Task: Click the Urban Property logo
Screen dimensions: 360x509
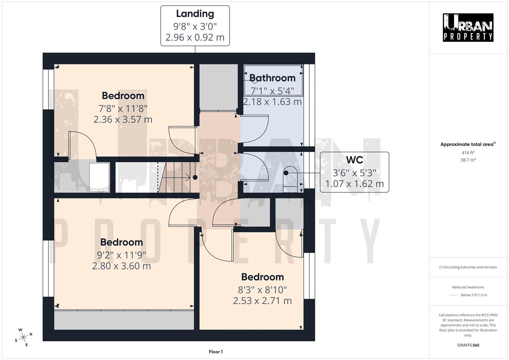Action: click(x=468, y=27)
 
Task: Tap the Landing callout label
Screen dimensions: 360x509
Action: click(x=195, y=26)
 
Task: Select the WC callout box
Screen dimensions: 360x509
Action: click(x=354, y=172)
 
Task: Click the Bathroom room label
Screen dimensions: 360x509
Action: click(x=272, y=78)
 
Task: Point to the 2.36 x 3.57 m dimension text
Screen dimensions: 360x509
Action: click(x=123, y=119)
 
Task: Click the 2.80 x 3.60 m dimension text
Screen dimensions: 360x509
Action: click(x=121, y=266)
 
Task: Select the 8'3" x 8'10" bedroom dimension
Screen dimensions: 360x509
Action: click(x=262, y=290)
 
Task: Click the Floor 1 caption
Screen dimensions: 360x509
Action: click(x=216, y=352)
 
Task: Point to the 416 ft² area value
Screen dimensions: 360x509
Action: click(x=468, y=153)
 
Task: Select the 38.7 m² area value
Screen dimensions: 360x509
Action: click(x=468, y=160)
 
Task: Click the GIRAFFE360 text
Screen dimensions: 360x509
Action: click(x=468, y=345)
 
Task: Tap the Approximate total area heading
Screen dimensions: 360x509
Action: click(x=468, y=144)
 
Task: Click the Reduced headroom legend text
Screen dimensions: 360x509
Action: click(x=468, y=287)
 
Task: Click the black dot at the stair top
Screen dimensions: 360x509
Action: click(x=195, y=177)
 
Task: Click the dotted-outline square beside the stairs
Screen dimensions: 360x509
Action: click(x=99, y=177)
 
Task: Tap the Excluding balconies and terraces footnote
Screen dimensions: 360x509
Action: click(x=468, y=267)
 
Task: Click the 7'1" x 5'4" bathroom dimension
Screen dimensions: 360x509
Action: click(x=272, y=91)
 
